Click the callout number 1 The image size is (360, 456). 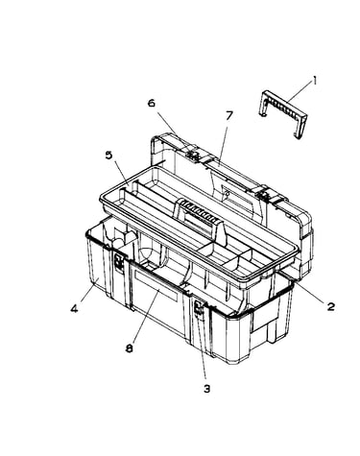pos(315,81)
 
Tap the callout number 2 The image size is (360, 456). pos(331,306)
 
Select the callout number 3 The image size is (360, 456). pos(207,389)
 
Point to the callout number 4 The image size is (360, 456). pos(74,309)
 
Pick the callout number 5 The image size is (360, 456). pos(108,156)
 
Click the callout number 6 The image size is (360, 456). pos(152,103)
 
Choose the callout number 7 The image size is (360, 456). pos(228,116)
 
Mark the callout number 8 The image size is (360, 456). pos(129,348)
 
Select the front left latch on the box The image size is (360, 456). pos(120,263)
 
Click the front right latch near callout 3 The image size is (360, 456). pos(199,310)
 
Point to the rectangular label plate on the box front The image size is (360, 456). pos(156,285)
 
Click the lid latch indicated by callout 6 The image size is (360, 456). pos(193,156)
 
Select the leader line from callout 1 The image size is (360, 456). pos(299,92)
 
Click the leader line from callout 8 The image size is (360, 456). pos(146,316)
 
